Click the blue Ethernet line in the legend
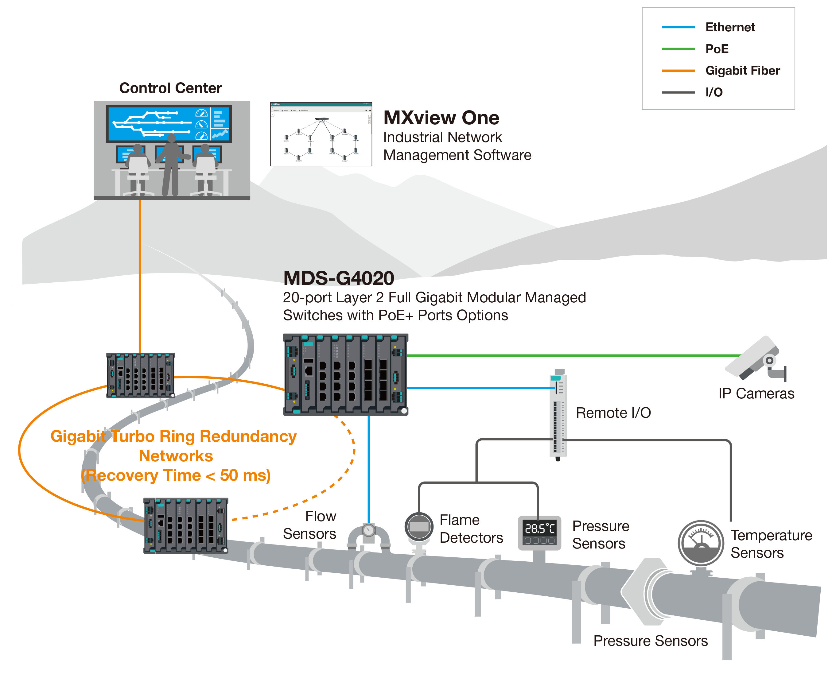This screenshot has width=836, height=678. click(x=678, y=27)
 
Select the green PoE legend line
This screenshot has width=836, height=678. click(x=678, y=49)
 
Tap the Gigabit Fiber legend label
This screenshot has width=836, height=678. click(x=742, y=71)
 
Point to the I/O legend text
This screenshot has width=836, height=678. click(x=714, y=92)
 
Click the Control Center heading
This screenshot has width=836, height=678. click(x=170, y=88)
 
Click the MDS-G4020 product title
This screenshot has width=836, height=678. click(x=338, y=278)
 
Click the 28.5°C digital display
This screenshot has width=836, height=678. click(x=539, y=529)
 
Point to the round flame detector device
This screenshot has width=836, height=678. click(x=419, y=527)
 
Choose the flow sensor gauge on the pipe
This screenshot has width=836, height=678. click(x=368, y=531)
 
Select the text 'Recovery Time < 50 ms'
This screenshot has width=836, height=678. click(x=176, y=475)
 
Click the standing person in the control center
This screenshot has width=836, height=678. click(x=171, y=164)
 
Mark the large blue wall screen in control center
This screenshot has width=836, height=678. click(x=169, y=123)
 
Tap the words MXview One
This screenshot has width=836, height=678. click(x=441, y=118)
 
